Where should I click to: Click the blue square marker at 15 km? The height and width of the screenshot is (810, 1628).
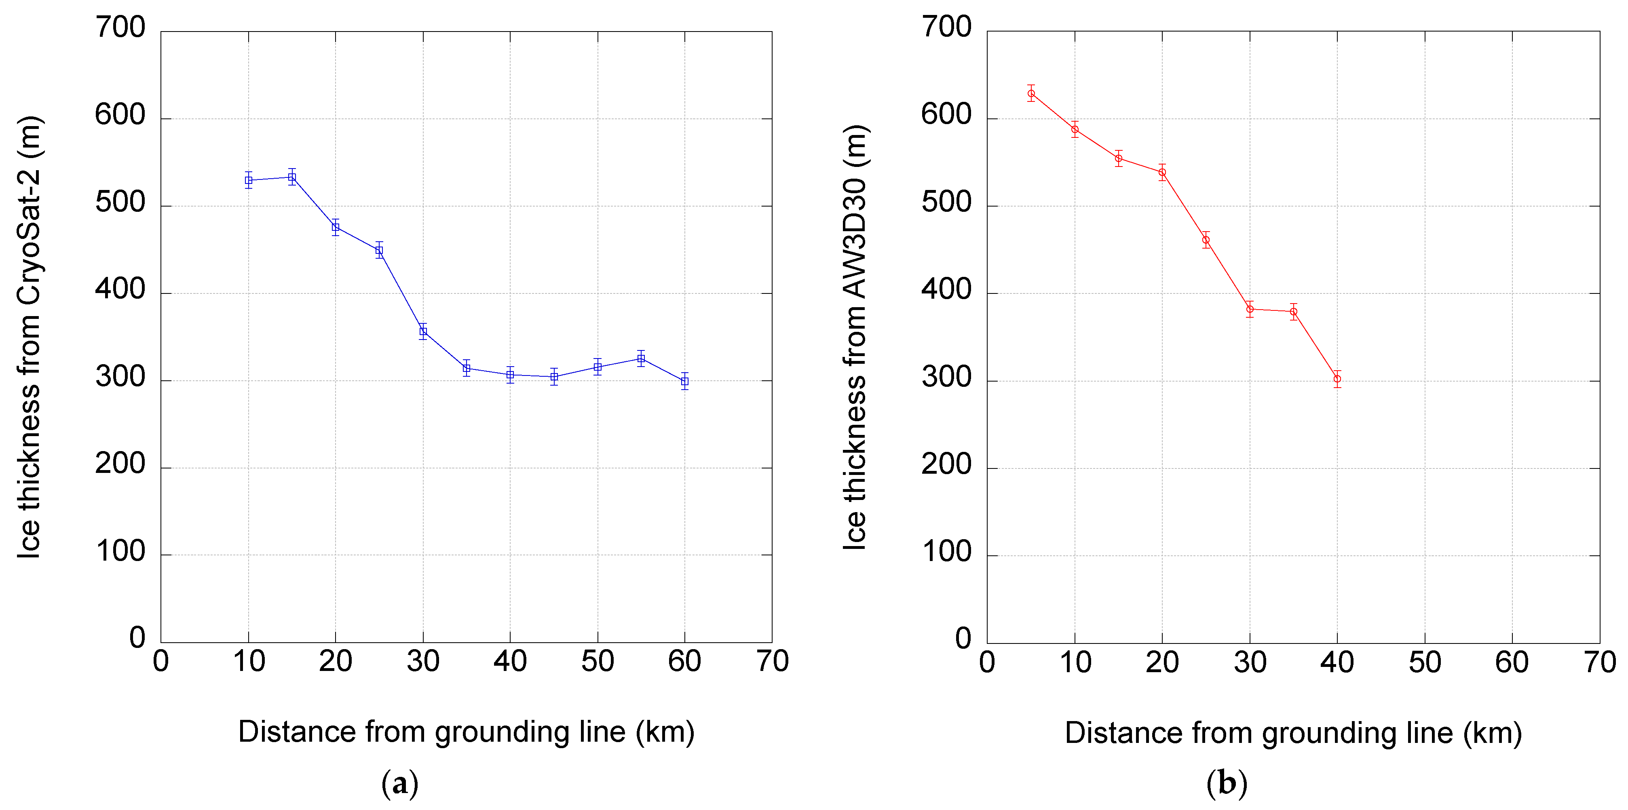(x=292, y=177)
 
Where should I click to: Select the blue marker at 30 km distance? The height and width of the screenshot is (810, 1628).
(x=423, y=331)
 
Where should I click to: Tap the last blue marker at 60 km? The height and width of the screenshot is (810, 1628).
(x=684, y=381)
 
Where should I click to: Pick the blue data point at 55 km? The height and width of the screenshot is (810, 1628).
(x=641, y=358)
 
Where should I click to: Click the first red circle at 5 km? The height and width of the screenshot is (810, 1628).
(x=1031, y=93)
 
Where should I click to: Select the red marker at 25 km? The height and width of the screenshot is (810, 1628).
(x=1206, y=239)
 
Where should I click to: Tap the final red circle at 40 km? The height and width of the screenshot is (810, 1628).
(x=1337, y=378)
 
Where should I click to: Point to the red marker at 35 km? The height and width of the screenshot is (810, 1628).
(x=1294, y=312)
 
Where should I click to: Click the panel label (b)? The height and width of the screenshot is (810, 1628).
(x=1227, y=783)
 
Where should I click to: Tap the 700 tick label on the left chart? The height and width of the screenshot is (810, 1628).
(x=120, y=28)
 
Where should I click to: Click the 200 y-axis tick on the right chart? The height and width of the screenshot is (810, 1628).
(x=946, y=465)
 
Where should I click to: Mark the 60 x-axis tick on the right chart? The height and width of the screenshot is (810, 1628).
(x=1512, y=662)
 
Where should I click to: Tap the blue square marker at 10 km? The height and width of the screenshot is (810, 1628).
(x=248, y=180)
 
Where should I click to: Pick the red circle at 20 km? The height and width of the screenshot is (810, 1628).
(x=1162, y=172)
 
